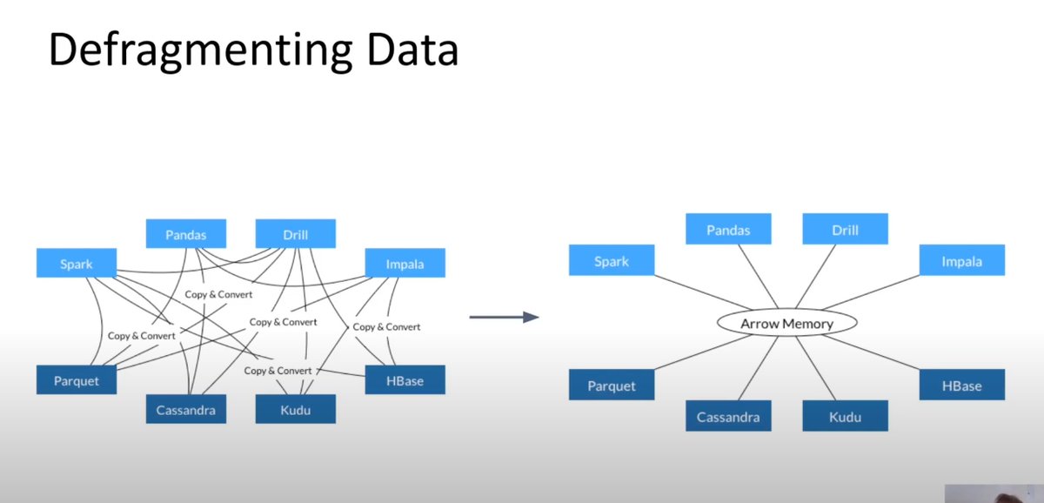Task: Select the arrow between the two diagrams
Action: point(504,318)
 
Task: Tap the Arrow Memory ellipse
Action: point(786,323)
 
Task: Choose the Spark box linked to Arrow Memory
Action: point(610,260)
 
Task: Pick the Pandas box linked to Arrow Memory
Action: point(727,230)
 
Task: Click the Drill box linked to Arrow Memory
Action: point(844,230)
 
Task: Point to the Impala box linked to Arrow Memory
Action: point(961,260)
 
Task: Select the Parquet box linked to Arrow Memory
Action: point(611,386)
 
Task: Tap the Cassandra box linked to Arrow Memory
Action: point(727,416)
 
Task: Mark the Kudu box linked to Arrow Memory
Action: point(844,416)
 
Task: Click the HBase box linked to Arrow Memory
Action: point(961,386)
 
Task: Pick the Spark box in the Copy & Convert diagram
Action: point(77,263)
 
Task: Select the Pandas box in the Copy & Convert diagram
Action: point(186,233)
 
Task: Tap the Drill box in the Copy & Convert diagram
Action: point(295,233)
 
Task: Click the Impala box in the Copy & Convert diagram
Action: point(405,263)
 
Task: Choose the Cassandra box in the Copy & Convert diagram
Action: point(186,408)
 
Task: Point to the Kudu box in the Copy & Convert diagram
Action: point(295,408)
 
